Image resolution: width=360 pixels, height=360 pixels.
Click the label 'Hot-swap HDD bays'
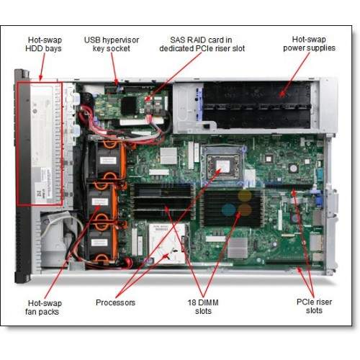click(43, 44)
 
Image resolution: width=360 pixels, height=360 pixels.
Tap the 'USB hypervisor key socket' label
click(112, 44)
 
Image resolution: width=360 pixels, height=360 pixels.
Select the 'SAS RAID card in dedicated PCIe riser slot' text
click(202, 44)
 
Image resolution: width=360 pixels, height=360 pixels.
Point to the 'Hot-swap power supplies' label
click(309, 44)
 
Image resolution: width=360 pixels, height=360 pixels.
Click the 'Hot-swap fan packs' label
click(43, 307)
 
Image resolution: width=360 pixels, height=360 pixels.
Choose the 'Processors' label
click(115, 302)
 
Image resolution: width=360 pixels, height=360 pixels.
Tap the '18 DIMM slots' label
click(203, 307)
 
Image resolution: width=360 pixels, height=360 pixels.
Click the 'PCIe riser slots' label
click(314, 306)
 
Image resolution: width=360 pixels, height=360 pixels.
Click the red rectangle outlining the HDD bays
click(17, 144)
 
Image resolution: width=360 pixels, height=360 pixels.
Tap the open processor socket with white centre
click(223, 164)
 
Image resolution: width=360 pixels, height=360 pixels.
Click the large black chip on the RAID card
click(129, 106)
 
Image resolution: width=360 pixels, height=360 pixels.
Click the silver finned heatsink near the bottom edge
click(238, 248)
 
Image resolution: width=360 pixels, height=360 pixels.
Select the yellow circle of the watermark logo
click(245, 196)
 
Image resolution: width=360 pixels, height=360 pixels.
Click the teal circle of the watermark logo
click(229, 210)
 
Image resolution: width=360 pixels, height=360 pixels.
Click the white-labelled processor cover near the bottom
click(167, 243)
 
